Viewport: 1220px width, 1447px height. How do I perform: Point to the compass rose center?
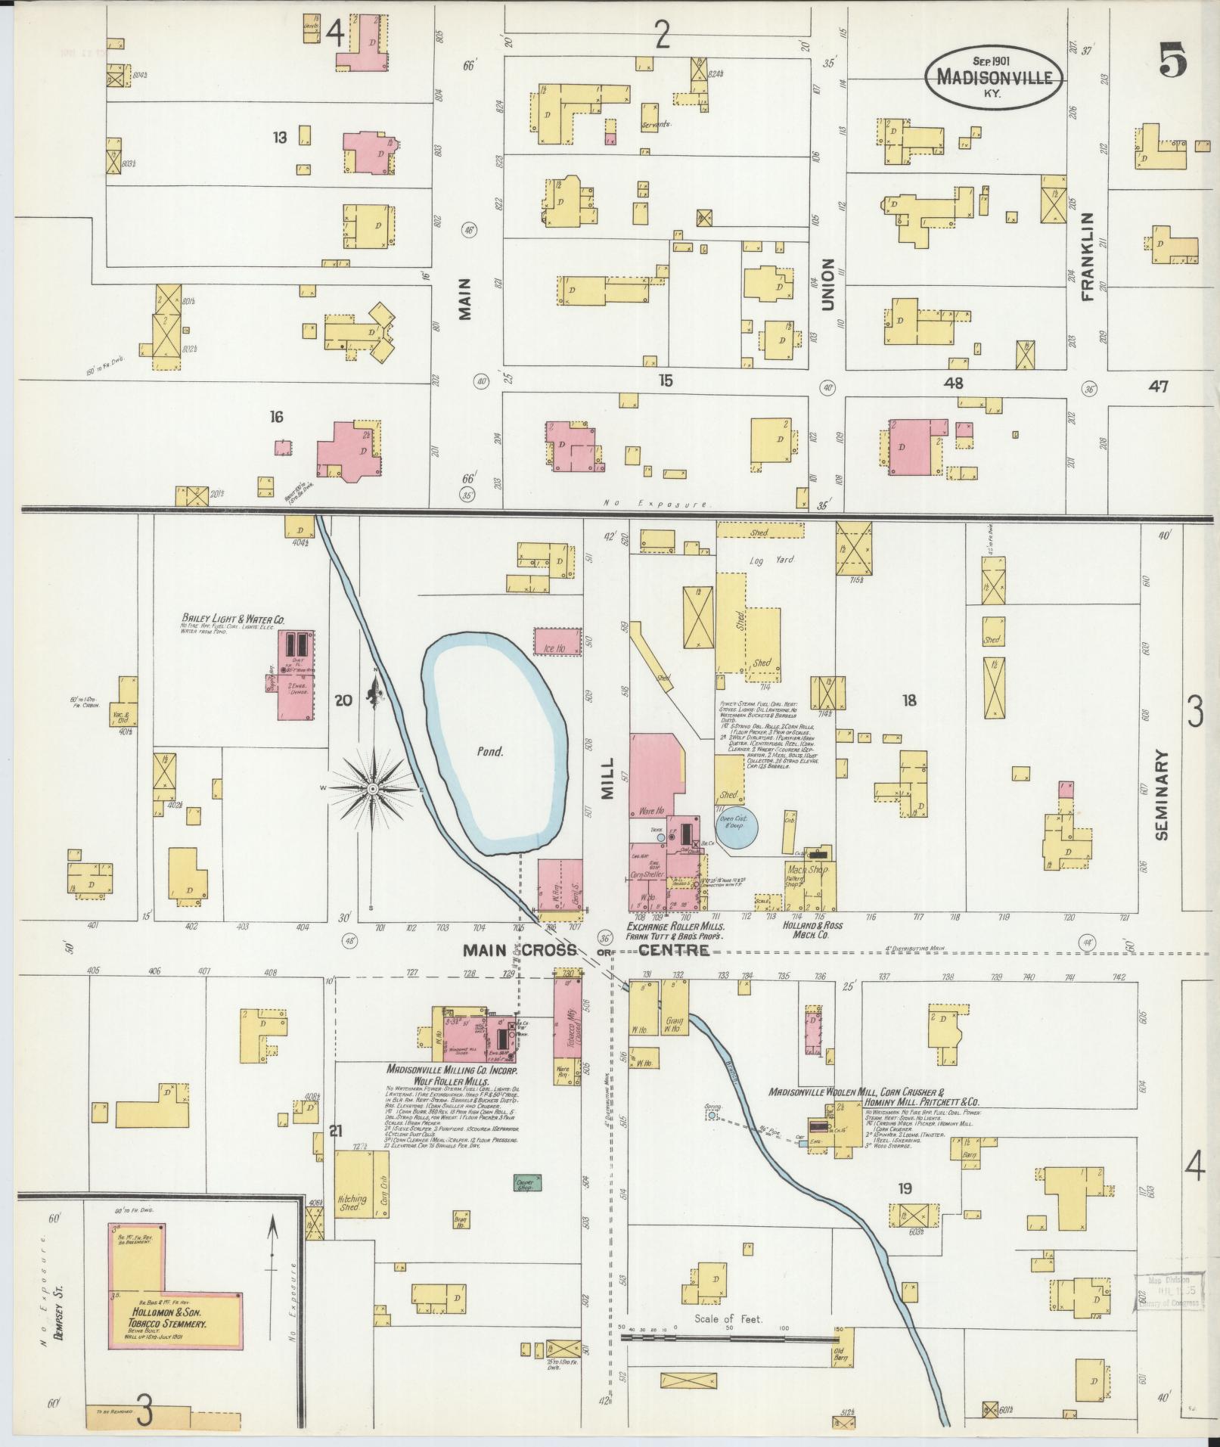372,789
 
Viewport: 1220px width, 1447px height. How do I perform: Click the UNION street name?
827,284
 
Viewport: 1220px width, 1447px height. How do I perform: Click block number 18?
908,700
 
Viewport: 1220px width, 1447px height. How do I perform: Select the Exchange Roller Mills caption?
675,926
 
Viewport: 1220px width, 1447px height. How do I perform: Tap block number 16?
277,417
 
